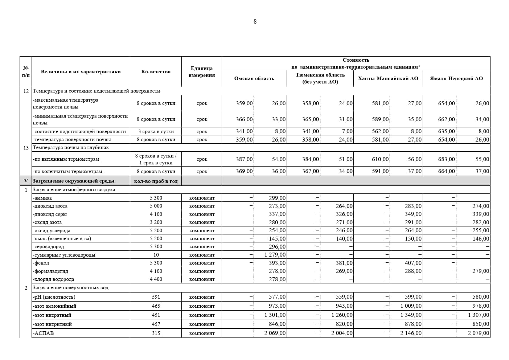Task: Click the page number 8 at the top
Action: (x=255, y=22)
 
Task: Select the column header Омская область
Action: (x=254, y=79)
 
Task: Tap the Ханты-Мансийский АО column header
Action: (x=388, y=79)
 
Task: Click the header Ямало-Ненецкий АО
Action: (x=456, y=79)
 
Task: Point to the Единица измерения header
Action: (x=202, y=72)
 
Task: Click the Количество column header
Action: (x=156, y=72)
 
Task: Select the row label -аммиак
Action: (x=42, y=198)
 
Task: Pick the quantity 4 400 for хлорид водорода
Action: (x=156, y=279)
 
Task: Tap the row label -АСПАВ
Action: (x=43, y=333)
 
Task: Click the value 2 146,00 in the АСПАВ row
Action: (x=411, y=333)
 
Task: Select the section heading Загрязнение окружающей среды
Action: (x=73, y=181)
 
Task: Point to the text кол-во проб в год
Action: (x=156, y=181)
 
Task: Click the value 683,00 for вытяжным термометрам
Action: (x=446, y=159)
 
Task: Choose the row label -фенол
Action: (x=41, y=263)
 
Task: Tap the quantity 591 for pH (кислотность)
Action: (x=156, y=297)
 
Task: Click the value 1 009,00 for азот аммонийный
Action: (x=411, y=306)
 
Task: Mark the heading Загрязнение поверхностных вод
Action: (x=70, y=288)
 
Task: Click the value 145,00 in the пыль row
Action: (x=277, y=239)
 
